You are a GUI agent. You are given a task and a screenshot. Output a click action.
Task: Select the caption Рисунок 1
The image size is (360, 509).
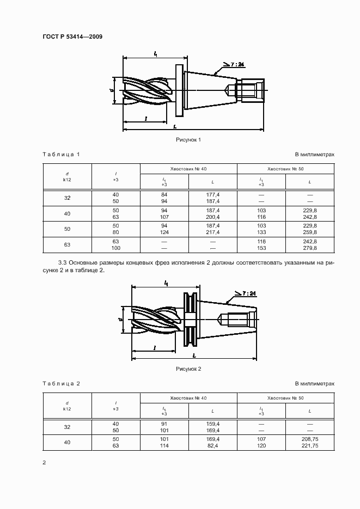[x=188, y=140]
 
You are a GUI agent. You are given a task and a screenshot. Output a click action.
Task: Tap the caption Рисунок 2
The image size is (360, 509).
[x=188, y=369]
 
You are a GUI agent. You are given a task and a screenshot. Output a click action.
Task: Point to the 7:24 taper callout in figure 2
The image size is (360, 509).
[x=248, y=293]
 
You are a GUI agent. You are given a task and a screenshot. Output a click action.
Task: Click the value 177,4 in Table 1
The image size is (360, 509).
[x=213, y=194]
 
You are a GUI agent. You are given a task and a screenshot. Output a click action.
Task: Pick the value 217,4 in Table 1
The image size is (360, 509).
[x=213, y=232]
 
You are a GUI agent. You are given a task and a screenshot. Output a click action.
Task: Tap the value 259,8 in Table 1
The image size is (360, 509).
[x=310, y=232]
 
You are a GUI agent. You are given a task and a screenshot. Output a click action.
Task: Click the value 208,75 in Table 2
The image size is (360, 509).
[x=310, y=438]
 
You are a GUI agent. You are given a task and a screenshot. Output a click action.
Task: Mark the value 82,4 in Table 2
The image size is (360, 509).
[x=213, y=446]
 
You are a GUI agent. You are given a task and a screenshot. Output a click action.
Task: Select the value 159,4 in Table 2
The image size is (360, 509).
[x=213, y=423]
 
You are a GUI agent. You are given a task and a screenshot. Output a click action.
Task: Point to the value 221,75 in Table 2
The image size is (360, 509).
[x=310, y=446]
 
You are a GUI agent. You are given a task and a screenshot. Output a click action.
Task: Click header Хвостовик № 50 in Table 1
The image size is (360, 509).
[x=285, y=169]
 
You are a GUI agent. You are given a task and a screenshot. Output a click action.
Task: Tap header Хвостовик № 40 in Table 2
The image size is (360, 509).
[x=188, y=398]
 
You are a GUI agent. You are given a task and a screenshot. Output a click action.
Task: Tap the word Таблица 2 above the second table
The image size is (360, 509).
[x=62, y=384]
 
